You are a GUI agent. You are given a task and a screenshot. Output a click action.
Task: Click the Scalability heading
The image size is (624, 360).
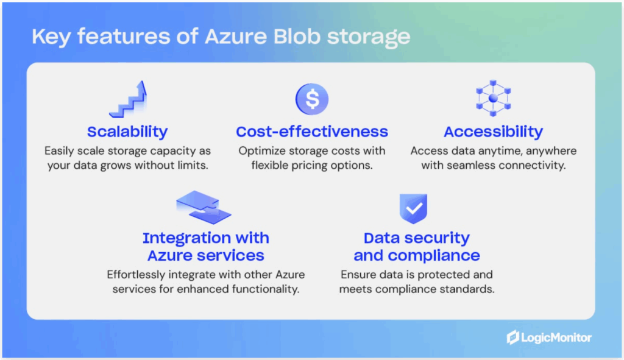(x=127, y=132)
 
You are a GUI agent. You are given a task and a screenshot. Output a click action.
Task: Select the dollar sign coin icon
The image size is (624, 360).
(x=311, y=99)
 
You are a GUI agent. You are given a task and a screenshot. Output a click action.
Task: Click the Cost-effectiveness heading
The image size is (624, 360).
(x=311, y=132)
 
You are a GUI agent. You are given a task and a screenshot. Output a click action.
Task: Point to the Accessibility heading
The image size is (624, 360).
(x=493, y=132)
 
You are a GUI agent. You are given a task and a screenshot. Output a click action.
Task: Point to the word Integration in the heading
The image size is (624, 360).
(x=186, y=238)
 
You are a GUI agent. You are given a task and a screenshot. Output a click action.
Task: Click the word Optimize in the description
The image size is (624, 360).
(x=261, y=150)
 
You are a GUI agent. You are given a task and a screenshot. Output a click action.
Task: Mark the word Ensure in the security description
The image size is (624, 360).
(x=358, y=274)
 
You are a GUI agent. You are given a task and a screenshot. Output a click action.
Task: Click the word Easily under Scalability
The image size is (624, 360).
(x=62, y=150)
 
